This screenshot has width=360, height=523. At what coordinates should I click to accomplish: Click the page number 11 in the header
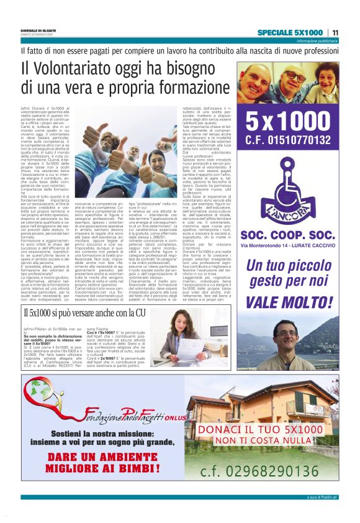tap(335, 32)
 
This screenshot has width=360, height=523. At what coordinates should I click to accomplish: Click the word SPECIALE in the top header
tap(278, 32)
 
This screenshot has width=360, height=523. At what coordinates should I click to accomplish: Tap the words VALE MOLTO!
tap(288, 302)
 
